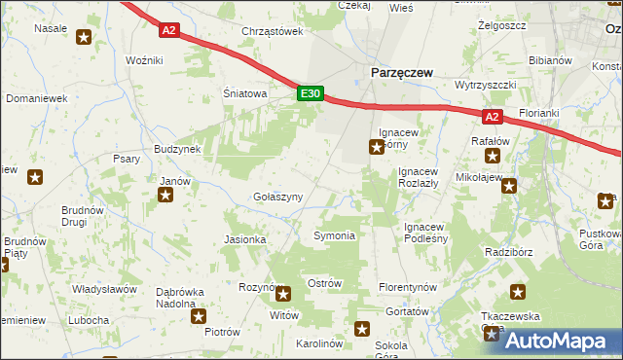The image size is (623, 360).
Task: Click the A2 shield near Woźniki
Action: (169, 30)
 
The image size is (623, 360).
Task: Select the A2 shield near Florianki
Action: (492, 117)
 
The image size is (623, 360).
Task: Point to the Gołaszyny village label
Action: (277, 197)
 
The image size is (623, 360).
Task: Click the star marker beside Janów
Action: (165, 196)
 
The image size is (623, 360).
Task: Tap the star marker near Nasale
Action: (84, 38)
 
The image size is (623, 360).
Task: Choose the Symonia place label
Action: (333, 235)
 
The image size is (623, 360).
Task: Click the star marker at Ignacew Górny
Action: (376, 148)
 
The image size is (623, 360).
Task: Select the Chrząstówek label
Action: (273, 31)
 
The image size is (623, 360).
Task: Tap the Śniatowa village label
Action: (244, 94)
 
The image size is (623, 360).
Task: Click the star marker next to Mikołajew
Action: (507, 186)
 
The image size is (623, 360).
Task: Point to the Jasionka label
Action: (245, 239)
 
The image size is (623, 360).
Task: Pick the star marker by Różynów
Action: (283, 294)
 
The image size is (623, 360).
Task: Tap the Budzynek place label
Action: (176, 149)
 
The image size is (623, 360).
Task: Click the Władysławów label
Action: (103, 289)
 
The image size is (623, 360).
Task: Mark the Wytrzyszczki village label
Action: (485, 85)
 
